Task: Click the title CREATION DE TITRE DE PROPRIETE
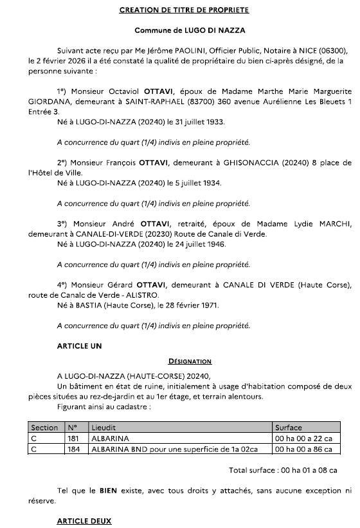(184, 10)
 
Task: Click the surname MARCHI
(334, 224)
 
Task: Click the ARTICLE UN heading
(80, 346)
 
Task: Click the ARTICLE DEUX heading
(84, 520)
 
